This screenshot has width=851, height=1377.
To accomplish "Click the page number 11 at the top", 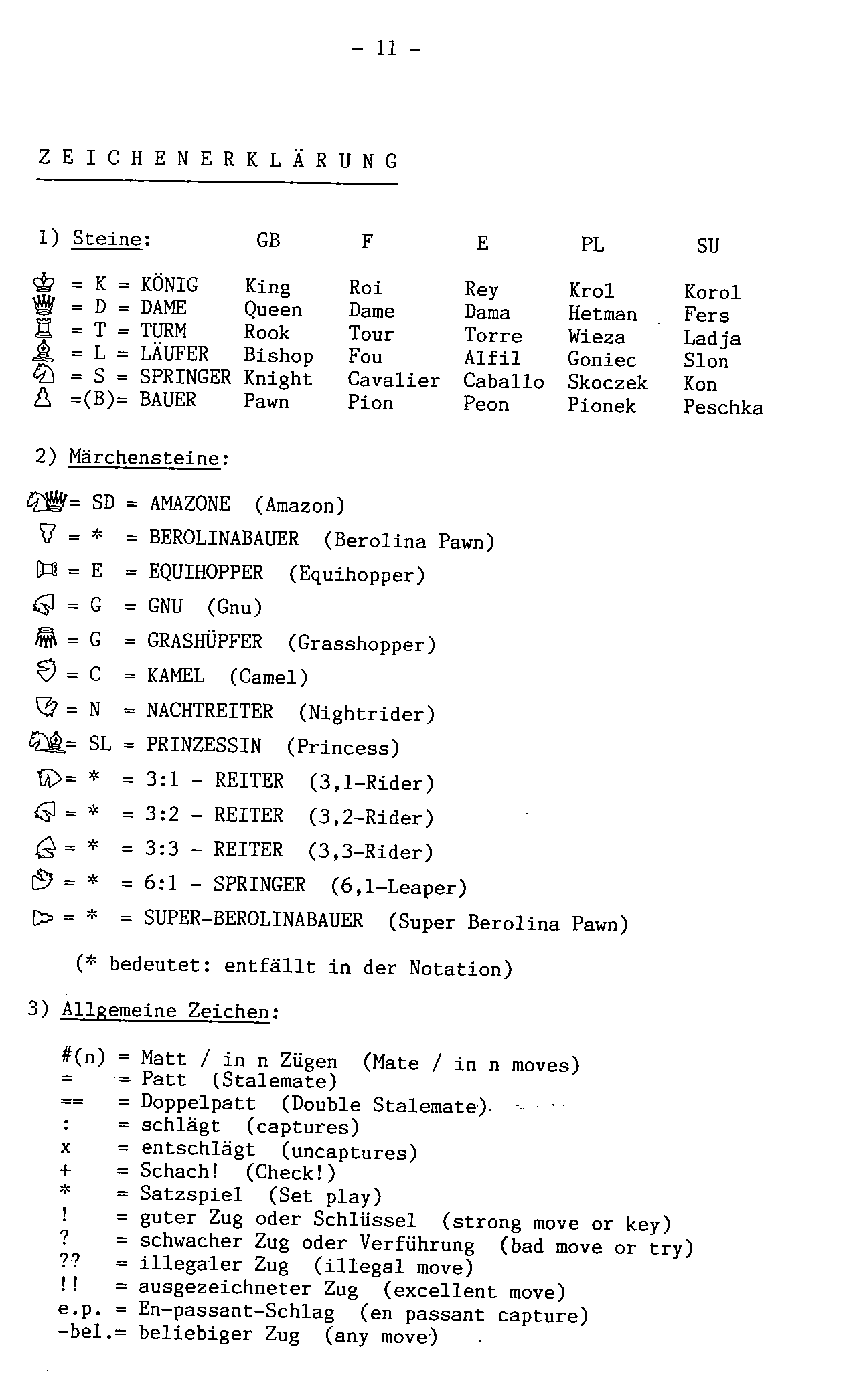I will (x=386, y=48).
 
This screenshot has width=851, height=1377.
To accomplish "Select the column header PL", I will (x=592, y=245).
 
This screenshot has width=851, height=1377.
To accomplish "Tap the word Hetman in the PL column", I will (x=602, y=314).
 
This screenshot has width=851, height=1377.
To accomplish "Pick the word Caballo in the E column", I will (x=503, y=381).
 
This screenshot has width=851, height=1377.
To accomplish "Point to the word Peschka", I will (x=722, y=407).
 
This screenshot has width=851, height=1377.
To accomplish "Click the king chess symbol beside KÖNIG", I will (x=44, y=284).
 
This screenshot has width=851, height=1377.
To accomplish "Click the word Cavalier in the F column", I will (x=393, y=380).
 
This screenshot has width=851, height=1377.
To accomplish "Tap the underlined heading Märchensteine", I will (x=144, y=458).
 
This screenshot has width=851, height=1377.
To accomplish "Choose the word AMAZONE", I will (x=189, y=503).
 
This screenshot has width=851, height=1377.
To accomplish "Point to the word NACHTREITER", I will (x=210, y=711).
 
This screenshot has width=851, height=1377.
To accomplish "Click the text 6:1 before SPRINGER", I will (x=161, y=884).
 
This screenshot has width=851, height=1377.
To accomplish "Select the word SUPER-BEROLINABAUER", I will (x=253, y=919).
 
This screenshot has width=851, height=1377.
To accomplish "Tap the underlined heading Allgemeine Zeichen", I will (x=165, y=1010).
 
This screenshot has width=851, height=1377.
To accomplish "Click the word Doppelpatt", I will (x=198, y=1103).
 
